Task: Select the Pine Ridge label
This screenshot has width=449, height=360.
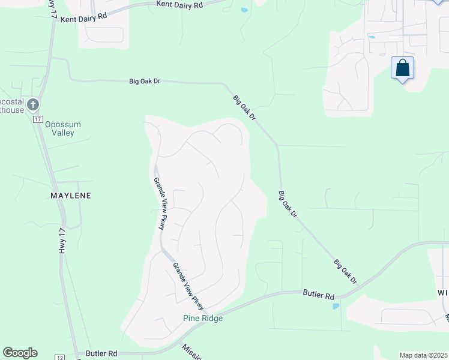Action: [x=203, y=318]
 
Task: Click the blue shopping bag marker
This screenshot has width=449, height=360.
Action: [x=402, y=68]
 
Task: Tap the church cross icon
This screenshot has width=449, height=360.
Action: [x=32, y=105]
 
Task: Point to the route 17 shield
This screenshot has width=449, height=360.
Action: [x=37, y=119]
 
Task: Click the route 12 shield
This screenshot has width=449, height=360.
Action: [x=60, y=357]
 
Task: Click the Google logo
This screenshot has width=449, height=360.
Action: [x=20, y=353]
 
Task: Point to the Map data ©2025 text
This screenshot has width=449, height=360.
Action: [x=423, y=355]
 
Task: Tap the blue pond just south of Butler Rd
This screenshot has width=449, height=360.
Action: [x=335, y=307]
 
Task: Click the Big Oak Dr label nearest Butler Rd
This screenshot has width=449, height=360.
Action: [x=345, y=272]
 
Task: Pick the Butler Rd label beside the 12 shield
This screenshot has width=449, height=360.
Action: [x=101, y=354]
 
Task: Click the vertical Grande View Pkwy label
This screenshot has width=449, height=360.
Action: [x=158, y=203]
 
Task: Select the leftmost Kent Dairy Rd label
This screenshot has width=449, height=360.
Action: [x=83, y=16]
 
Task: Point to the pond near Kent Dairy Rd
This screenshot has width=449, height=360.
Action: [x=244, y=10]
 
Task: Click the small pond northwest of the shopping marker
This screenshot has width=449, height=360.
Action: [x=372, y=37]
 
